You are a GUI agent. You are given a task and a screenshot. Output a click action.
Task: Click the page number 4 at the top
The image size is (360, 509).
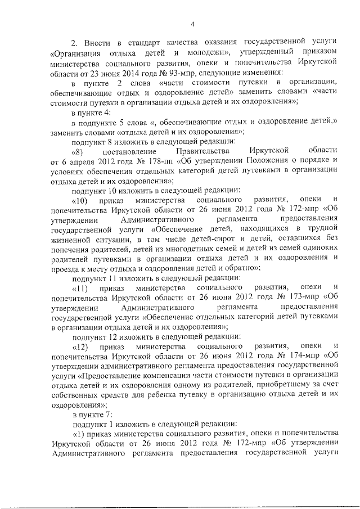tap(192, 23)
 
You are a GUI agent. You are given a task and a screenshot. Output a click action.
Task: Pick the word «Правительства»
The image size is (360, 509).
tap(186, 151)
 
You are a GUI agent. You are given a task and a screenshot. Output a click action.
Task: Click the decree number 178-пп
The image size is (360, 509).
tap(154, 161)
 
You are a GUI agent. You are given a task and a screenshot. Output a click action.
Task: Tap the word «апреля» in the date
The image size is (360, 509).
tap(78, 161)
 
